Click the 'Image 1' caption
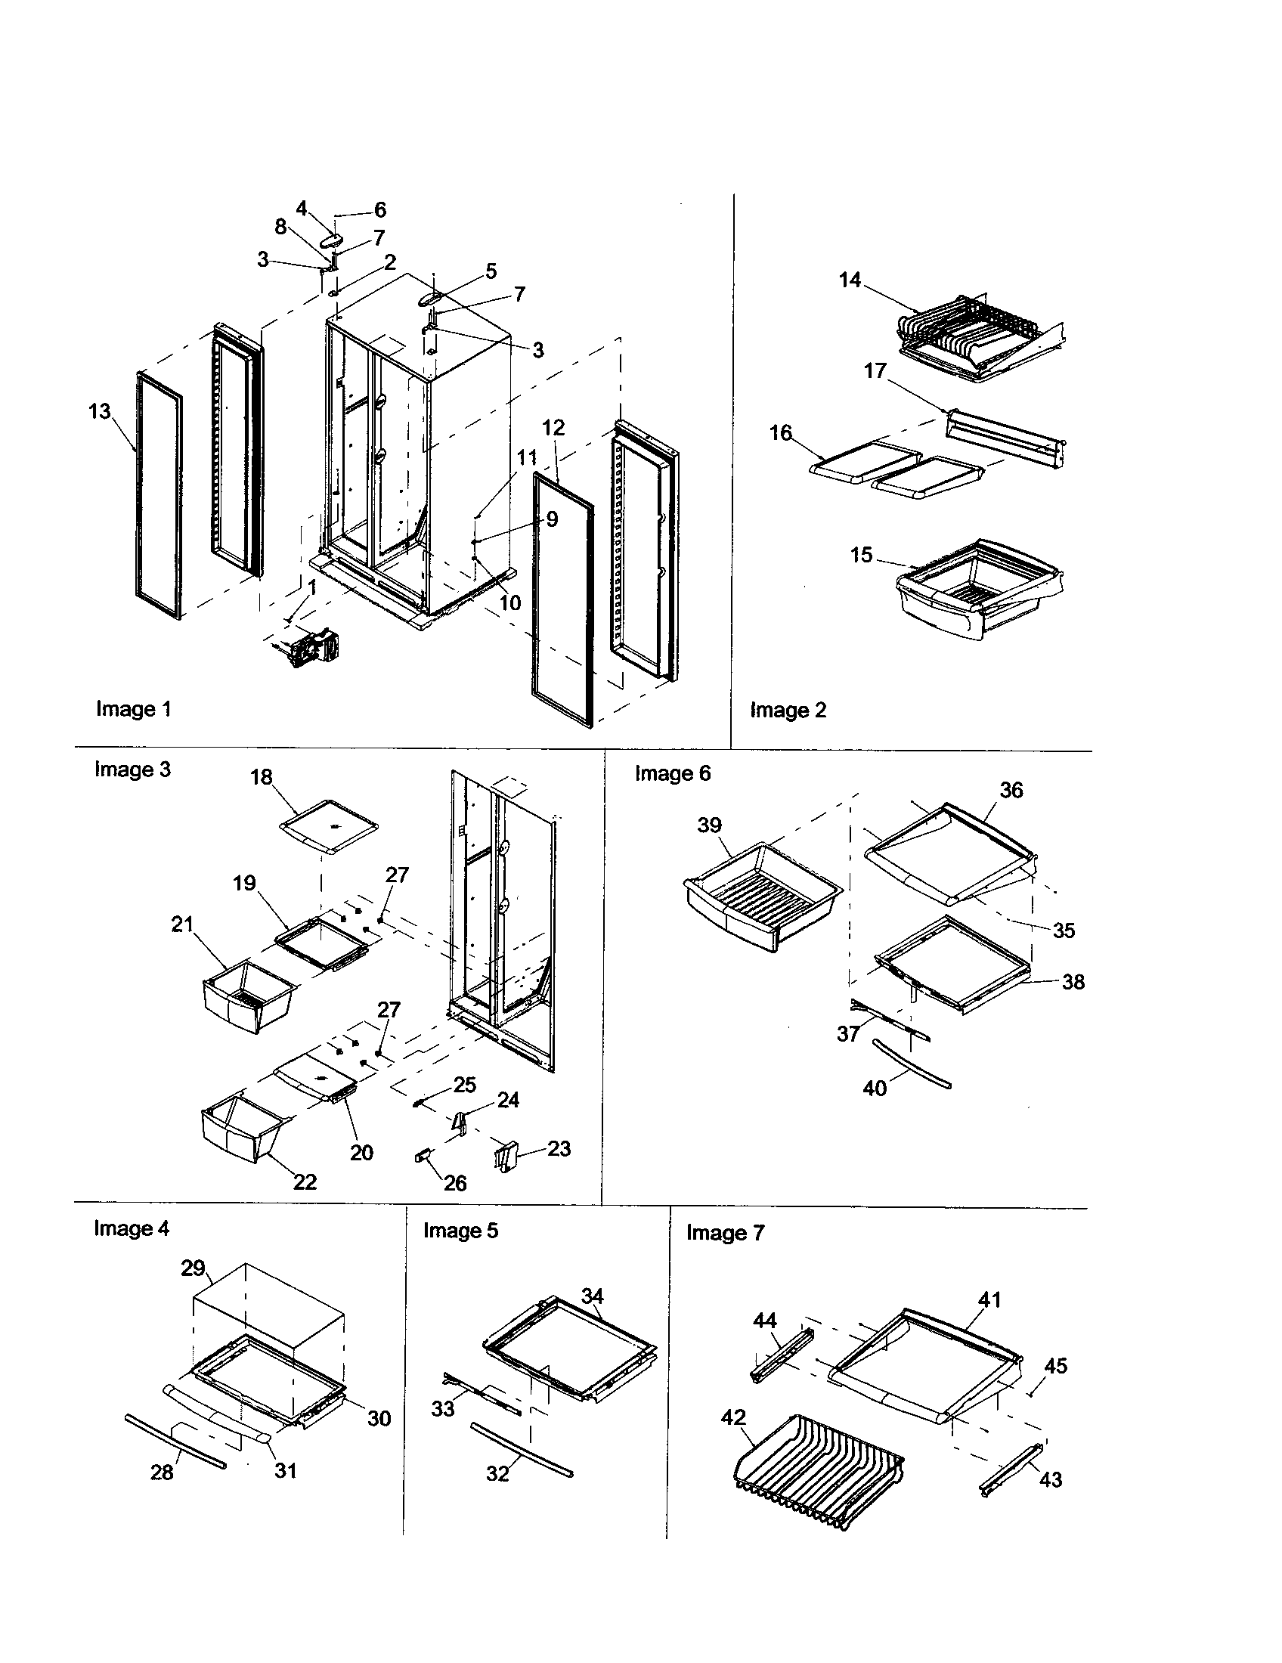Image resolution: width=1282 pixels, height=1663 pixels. coord(133,709)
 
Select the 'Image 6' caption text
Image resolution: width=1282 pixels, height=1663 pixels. coord(672,773)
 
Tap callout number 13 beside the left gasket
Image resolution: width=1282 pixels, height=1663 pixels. coord(100,412)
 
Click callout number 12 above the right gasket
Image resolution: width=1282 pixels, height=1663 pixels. coord(553,428)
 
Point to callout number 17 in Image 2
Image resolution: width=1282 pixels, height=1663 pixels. coord(875,371)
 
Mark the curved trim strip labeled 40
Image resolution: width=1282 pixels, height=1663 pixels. coord(912,1063)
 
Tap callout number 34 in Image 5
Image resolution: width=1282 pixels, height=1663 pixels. coord(593,1295)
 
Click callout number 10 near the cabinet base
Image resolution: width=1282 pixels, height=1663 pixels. coord(509,603)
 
